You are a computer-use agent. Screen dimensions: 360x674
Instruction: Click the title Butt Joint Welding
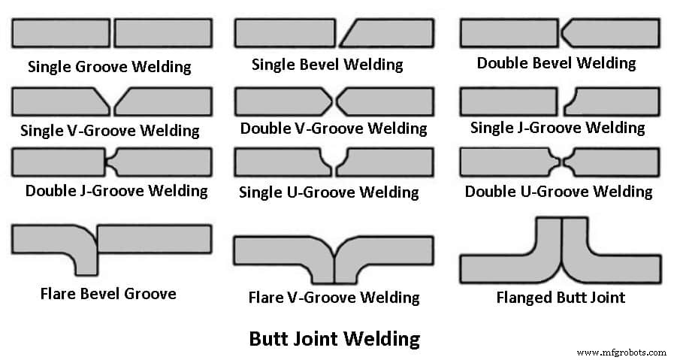(334, 339)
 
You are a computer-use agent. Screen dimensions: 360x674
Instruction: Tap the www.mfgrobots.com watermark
(621, 352)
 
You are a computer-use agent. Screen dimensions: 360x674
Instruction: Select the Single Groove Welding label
(109, 66)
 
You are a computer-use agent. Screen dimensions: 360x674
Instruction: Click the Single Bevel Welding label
(327, 65)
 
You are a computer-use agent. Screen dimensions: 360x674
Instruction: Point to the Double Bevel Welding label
(556, 62)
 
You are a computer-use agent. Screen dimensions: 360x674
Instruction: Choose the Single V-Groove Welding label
(110, 130)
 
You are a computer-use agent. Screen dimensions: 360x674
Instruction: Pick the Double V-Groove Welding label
(334, 129)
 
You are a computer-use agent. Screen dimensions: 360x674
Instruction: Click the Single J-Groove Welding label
(557, 128)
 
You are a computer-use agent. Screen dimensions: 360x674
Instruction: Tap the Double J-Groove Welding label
(116, 190)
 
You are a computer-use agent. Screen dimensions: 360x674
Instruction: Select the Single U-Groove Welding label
(328, 192)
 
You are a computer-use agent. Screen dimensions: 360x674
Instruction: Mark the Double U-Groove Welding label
(558, 192)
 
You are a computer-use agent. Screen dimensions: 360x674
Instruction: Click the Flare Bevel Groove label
(108, 293)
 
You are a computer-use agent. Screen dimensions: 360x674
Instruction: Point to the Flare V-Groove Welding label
(334, 298)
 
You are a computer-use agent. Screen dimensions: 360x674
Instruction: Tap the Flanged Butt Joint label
(561, 297)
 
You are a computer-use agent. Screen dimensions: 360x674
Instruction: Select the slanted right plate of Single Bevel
(391, 33)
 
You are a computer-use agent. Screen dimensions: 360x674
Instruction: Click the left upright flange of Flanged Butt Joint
(548, 239)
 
